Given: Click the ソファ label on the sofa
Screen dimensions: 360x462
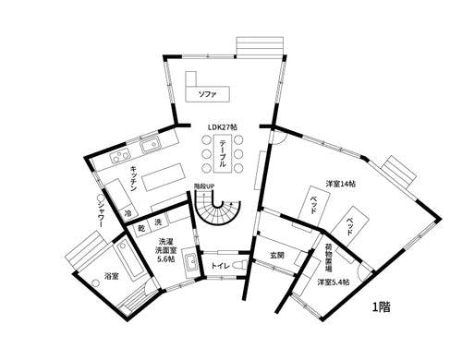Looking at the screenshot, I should pyautogui.click(x=209, y=93).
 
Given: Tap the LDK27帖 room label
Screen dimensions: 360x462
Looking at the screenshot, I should pyautogui.click(x=222, y=126).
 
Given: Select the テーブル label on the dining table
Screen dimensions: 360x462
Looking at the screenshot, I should pyautogui.click(x=223, y=152).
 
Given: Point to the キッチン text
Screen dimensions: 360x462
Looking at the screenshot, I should pyautogui.click(x=135, y=178).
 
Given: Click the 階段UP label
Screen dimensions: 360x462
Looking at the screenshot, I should pyautogui.click(x=203, y=188).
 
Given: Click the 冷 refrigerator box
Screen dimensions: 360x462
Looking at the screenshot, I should pyautogui.click(x=128, y=212).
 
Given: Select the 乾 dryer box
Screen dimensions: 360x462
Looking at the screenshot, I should pyautogui.click(x=143, y=226).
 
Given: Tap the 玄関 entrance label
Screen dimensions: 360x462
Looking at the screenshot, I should pyautogui.click(x=275, y=254).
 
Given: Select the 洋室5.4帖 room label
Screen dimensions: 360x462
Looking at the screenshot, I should pyautogui.click(x=333, y=282).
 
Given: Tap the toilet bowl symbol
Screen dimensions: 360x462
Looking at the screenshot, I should pyautogui.click(x=239, y=266).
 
